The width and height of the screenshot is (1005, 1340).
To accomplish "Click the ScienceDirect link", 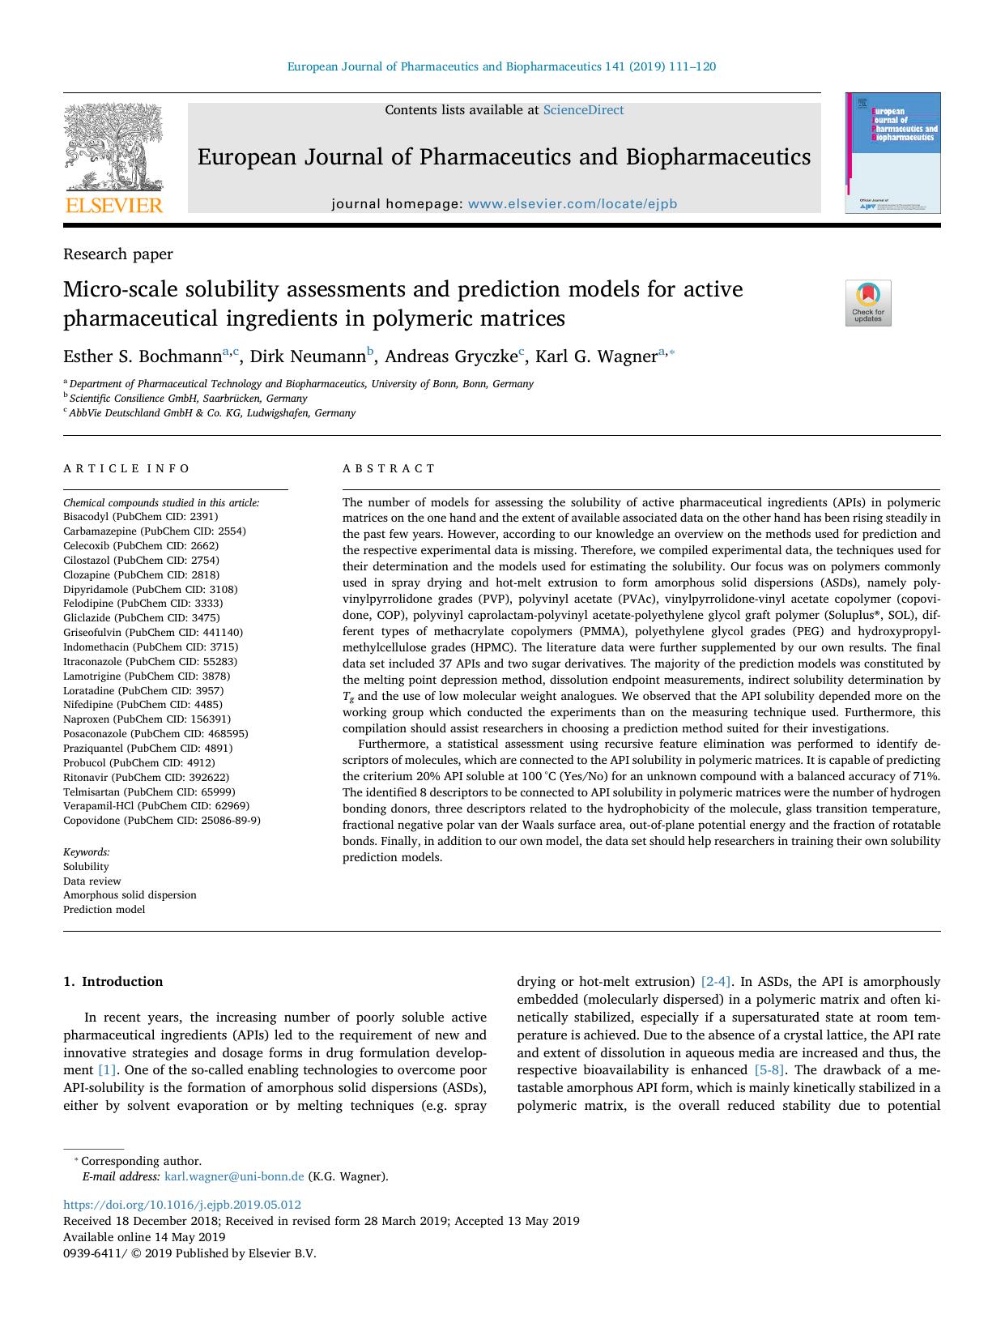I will click(x=583, y=110).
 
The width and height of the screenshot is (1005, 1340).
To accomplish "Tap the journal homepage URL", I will click(x=572, y=204).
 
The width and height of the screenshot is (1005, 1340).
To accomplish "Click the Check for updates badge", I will click(x=867, y=303).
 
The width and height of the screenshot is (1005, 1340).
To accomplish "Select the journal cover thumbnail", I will click(x=892, y=153).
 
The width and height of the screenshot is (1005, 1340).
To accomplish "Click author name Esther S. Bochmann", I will click(x=143, y=356).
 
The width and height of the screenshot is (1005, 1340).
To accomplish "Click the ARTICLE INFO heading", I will click(x=126, y=468).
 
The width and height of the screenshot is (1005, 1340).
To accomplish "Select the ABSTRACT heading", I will click(x=389, y=468).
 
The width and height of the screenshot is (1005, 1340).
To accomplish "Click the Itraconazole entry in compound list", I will click(x=150, y=661).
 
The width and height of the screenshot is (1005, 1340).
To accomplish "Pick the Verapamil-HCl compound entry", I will click(x=156, y=806).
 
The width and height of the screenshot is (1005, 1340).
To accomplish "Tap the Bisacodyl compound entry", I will click(x=141, y=516).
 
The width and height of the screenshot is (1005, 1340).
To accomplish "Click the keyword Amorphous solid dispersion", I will click(x=130, y=895).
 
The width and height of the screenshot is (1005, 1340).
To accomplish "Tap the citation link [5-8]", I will click(x=769, y=1069).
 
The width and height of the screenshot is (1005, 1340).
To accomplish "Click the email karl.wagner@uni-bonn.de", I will click(x=234, y=1176).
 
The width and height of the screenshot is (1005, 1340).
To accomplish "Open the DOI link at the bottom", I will click(x=182, y=1205).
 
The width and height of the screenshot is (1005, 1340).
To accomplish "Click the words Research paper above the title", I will click(x=118, y=254).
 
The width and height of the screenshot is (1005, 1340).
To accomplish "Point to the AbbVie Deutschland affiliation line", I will click(x=212, y=412).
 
